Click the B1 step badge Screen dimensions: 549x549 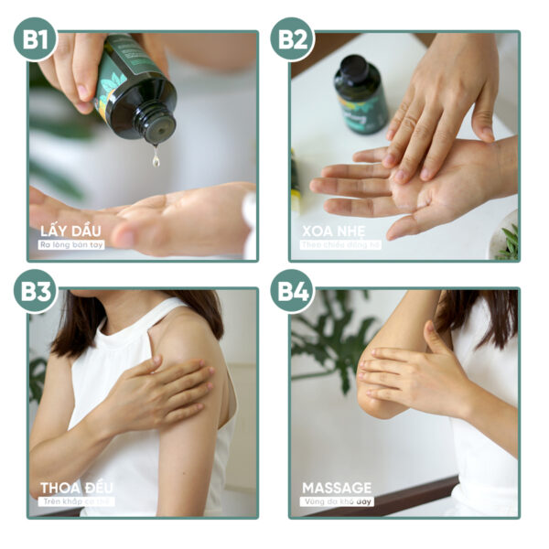pyautogui.click(x=36, y=38)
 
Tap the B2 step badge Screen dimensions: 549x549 pyautogui.click(x=292, y=38)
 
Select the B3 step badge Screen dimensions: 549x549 pyautogui.click(x=36, y=291)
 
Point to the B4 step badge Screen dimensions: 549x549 pyautogui.click(x=292, y=291)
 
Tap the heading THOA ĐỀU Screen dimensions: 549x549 pyautogui.click(x=77, y=487)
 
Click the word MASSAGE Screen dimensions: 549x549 pyautogui.click(x=337, y=487)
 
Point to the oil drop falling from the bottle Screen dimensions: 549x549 pyautogui.click(x=156, y=159)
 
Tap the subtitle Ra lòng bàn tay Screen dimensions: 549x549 pyautogui.click(x=70, y=244)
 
